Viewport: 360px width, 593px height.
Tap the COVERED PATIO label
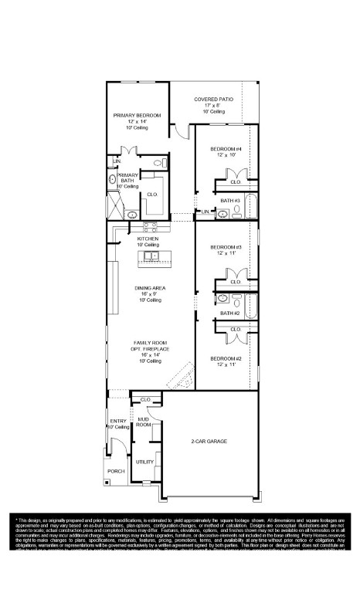coord(213,100)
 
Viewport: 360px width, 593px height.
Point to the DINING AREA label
coord(149,288)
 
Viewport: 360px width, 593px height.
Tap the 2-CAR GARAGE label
coord(209,442)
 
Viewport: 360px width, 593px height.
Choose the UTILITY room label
coord(144,461)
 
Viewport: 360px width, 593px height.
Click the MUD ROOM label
coord(144,422)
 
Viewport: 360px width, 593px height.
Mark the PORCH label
coord(115,470)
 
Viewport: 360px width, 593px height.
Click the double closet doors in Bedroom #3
coord(236,276)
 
